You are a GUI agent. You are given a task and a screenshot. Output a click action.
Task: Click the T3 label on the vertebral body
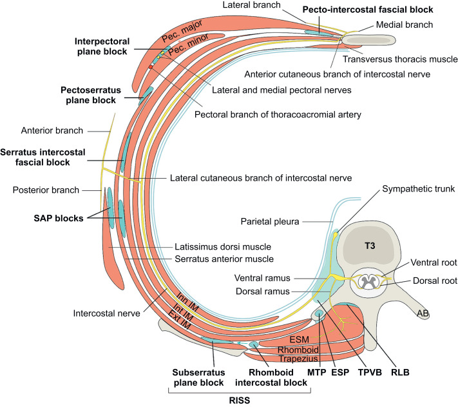click(370, 246)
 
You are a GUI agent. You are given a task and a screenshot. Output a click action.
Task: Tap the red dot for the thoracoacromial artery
click(151, 67)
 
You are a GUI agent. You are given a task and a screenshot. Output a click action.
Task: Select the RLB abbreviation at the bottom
click(400, 373)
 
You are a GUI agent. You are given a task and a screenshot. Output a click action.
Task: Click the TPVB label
click(370, 373)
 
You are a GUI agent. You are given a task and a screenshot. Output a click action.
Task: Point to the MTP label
click(317, 373)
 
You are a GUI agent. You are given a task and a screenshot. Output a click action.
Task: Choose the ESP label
click(340, 373)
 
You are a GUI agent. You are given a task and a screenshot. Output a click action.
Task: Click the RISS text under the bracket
click(240, 401)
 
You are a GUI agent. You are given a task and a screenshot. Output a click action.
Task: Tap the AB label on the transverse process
click(423, 313)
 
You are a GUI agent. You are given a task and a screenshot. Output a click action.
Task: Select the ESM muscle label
click(299, 339)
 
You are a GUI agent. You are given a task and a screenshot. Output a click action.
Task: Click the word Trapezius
click(298, 359)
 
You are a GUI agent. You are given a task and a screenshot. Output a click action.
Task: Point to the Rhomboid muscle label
click(298, 350)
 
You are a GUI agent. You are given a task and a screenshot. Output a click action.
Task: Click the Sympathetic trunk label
click(418, 189)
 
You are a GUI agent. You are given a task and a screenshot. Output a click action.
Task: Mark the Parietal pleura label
click(270, 222)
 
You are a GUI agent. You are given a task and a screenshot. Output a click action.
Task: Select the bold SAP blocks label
click(59, 218)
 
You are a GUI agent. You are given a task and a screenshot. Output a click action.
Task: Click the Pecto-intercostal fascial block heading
click(368, 10)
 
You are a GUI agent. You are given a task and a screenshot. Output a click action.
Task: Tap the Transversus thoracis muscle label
click(400, 59)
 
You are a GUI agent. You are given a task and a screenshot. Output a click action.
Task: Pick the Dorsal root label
click(435, 281)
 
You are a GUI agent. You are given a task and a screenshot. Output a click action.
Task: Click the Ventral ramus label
click(262, 278)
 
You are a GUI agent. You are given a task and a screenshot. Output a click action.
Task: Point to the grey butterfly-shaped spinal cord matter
click(368, 282)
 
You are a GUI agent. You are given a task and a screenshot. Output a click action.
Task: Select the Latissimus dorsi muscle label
click(223, 247)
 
